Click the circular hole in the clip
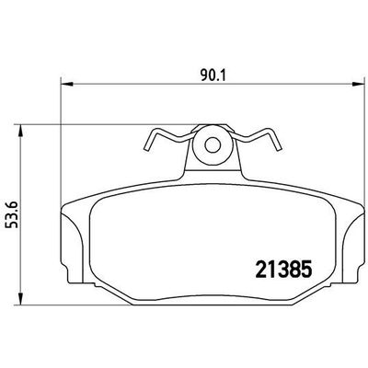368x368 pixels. pos(213,144)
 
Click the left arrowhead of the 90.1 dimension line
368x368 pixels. pos(63,84)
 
